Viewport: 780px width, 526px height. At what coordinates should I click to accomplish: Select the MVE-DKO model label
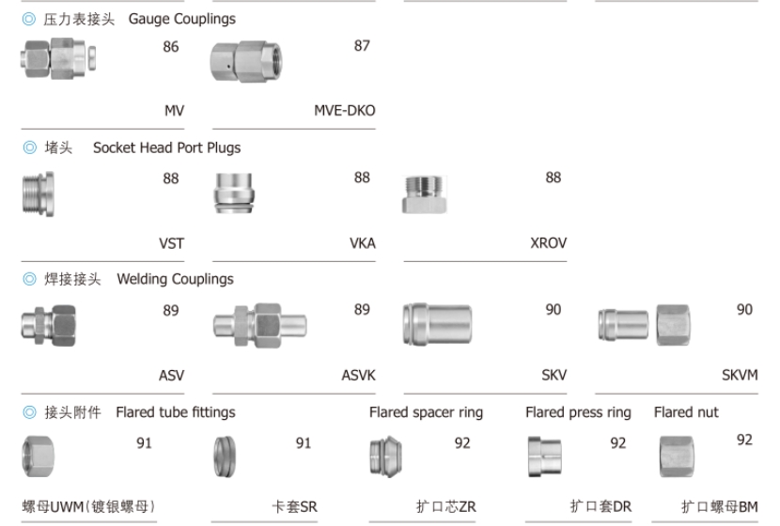(344, 111)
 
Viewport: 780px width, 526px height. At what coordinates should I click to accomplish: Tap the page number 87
(362, 46)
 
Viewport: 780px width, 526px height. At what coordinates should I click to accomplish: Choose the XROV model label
(548, 243)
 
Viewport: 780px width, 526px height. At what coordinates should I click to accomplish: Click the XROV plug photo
(429, 195)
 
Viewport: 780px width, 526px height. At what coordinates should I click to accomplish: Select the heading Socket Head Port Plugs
(166, 147)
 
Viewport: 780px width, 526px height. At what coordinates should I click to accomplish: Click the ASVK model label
(358, 376)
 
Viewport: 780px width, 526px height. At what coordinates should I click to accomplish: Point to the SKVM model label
(740, 376)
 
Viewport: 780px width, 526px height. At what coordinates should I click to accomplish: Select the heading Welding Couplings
(175, 279)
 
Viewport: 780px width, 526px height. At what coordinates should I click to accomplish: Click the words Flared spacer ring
(426, 412)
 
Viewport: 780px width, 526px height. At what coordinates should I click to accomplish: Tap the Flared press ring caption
(578, 412)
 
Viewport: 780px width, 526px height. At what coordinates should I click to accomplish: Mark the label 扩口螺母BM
(719, 507)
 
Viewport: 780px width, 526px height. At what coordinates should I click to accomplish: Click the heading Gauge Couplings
(181, 19)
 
